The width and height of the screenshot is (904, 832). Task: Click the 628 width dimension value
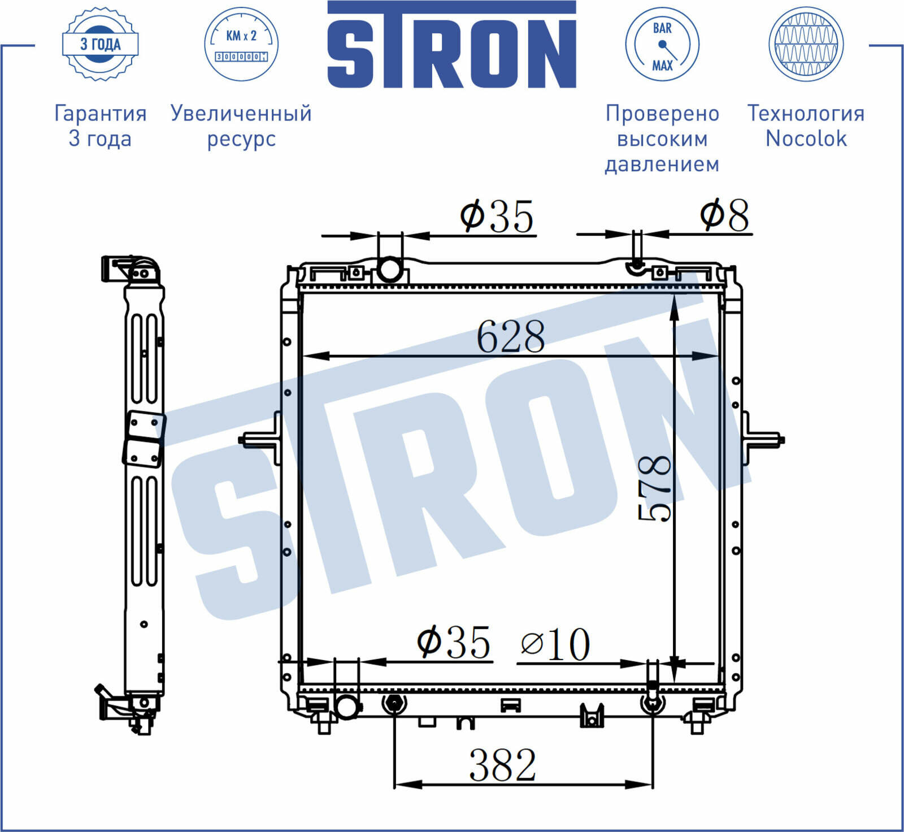point(511,336)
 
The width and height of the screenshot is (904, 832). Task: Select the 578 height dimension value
point(654,488)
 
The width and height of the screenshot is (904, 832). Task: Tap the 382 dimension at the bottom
point(502,765)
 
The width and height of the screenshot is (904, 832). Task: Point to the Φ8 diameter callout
point(724,215)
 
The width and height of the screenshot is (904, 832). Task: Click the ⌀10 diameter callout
point(555,644)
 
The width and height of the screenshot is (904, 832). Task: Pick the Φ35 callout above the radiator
point(497,216)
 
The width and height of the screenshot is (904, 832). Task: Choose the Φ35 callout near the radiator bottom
point(453,642)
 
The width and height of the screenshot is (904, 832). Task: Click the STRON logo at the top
point(451,45)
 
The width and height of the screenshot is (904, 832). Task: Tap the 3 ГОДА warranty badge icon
point(100,44)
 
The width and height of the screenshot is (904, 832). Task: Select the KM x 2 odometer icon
point(241,44)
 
